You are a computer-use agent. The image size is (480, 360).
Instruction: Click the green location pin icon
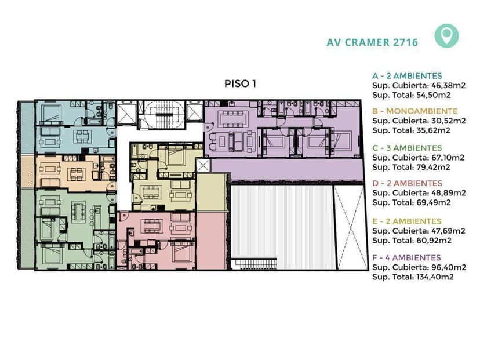446,35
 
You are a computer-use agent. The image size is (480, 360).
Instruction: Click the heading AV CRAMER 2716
372,42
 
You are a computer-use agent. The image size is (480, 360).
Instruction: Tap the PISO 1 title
240,83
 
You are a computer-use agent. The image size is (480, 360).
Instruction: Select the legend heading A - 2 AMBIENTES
407,75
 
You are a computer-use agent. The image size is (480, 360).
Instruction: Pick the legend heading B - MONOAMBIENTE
415,111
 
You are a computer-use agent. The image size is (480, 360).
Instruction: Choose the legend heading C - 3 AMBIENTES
407,148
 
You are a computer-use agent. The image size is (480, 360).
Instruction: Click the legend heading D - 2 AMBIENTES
408,183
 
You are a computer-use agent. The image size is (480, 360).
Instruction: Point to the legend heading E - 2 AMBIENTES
407,221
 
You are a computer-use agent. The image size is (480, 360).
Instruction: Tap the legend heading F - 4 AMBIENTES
406,257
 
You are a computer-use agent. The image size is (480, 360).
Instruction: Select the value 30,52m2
449,121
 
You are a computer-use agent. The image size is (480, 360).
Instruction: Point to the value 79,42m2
433,167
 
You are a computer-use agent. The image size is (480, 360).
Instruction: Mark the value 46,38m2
449,85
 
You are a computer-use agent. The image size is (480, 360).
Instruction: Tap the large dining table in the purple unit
233,119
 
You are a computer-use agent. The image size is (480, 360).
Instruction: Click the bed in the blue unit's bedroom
52,113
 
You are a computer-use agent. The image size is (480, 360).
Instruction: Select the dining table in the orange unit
75,174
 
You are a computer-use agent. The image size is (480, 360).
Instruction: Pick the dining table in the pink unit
150,226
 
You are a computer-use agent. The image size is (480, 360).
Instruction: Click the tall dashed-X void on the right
350,227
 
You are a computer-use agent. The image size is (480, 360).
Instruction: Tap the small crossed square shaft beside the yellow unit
203,166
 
